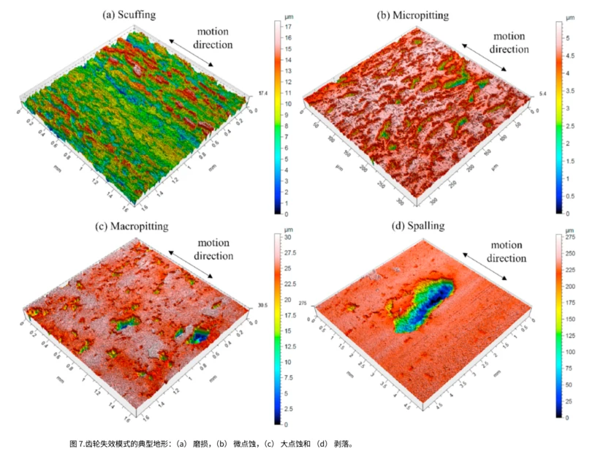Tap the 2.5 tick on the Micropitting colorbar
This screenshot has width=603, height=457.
(570, 126)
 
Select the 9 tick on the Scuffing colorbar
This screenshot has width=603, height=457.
(288, 115)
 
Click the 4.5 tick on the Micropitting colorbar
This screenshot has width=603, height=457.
(570, 56)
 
